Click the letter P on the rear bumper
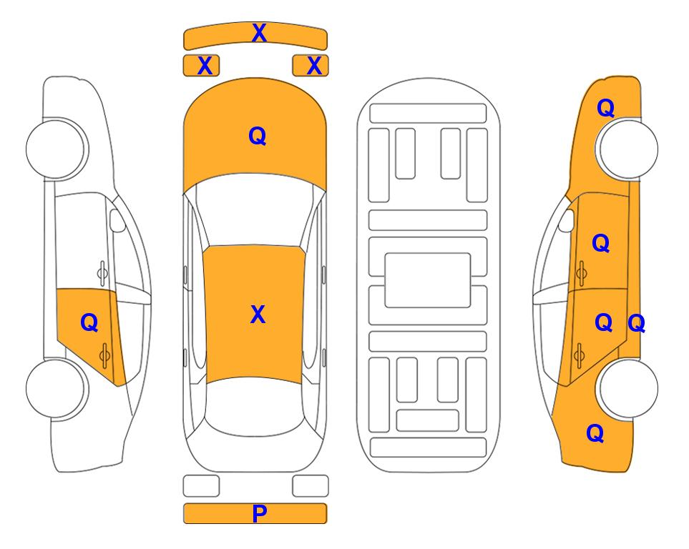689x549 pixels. coord(259,513)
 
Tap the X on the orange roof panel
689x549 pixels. coord(258,315)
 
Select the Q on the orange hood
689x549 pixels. coord(258,136)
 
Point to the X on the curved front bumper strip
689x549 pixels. coord(259,33)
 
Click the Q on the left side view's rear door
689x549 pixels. coord(89,323)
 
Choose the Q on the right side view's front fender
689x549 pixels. coord(605,108)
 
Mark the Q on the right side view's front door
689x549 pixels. coord(601,243)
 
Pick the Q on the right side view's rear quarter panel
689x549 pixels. coord(595,433)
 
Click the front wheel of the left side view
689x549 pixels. coord(56,149)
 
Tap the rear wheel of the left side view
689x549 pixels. coord(56,388)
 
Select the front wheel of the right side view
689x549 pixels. coord(627,149)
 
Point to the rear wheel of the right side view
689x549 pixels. coord(628,388)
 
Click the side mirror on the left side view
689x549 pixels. coord(117,220)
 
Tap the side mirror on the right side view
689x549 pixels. coord(566,220)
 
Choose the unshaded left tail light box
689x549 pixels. coord(201,486)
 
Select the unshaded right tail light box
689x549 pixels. coord(311,486)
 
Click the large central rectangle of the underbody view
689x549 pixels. coord(428,280)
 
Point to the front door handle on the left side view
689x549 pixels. coord(102,273)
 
